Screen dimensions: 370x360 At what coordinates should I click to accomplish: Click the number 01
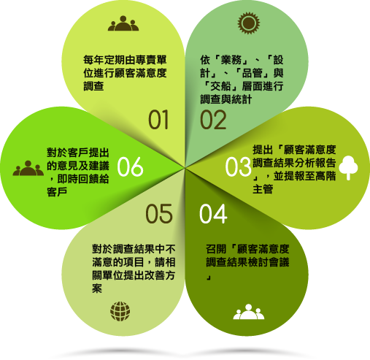tap(158, 119)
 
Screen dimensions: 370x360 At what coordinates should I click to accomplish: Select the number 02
tap(213, 119)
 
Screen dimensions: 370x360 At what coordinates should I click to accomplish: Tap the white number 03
tap(238, 166)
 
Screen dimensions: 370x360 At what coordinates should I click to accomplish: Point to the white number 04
tap(213, 214)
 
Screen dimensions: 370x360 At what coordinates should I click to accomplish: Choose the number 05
tap(159, 214)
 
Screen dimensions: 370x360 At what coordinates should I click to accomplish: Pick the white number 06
tap(130, 166)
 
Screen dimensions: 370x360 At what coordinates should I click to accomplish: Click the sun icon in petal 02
tap(249, 23)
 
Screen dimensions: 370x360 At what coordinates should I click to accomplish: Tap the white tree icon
tap(348, 168)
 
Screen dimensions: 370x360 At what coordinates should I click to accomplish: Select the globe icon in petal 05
tap(120, 311)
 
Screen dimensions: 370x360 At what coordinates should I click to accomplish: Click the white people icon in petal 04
tap(249, 312)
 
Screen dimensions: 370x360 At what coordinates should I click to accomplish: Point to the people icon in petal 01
tap(123, 23)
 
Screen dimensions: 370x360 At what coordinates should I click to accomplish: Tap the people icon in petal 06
tap(28, 168)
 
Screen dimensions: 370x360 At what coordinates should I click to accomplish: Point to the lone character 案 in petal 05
tap(97, 288)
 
